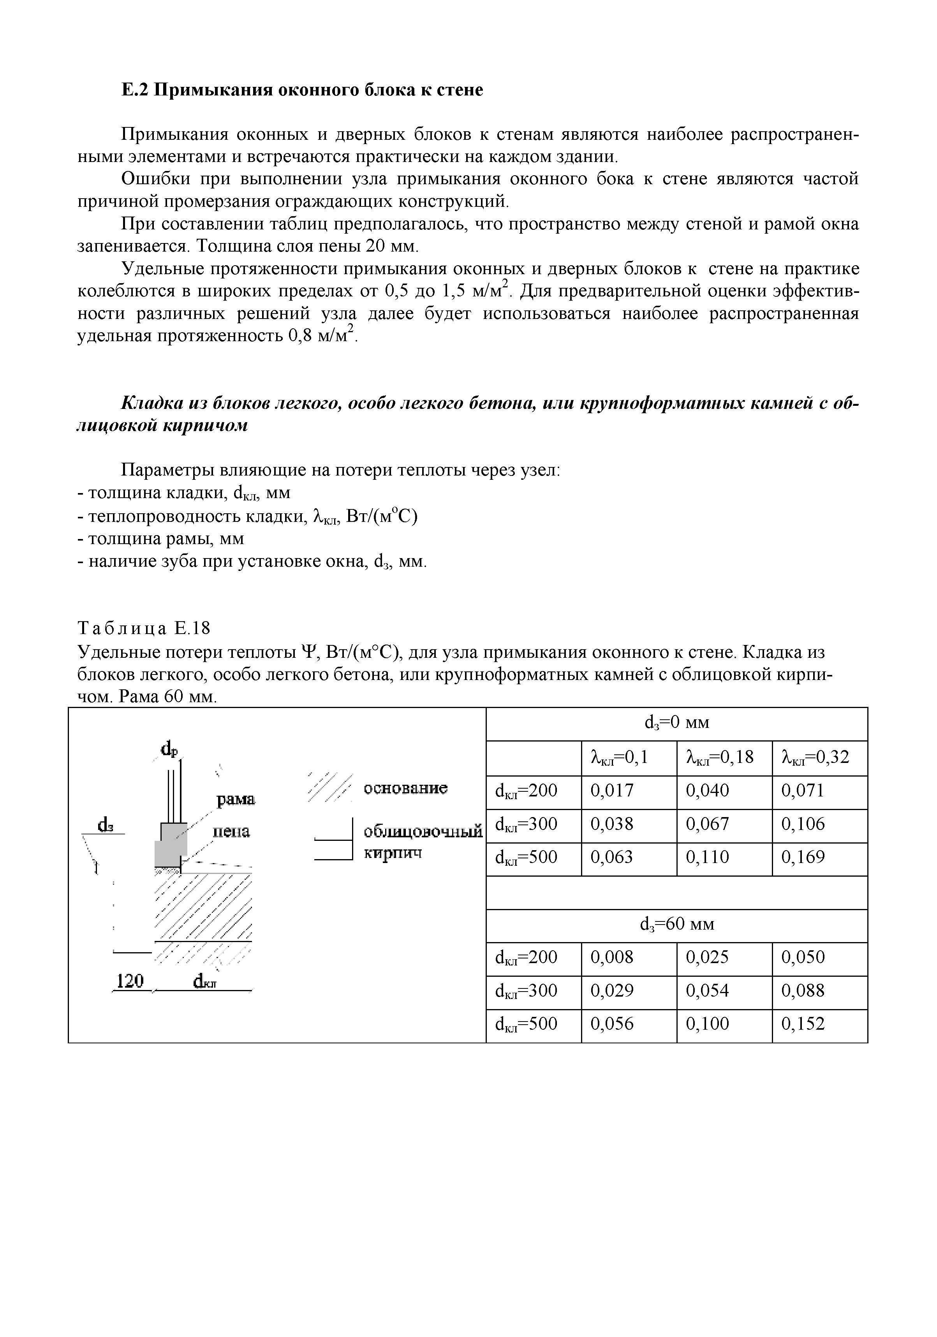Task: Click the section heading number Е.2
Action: pyautogui.click(x=135, y=90)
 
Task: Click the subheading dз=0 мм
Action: pyautogui.click(x=676, y=723)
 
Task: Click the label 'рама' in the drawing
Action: pyautogui.click(x=235, y=800)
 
